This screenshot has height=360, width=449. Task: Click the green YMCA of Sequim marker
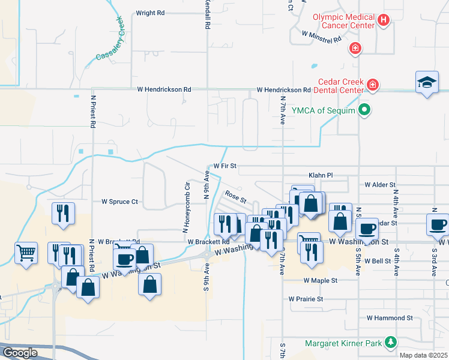[x=364, y=110]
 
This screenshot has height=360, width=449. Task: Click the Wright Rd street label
[x=150, y=13]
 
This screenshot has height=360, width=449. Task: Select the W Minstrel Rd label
[x=321, y=37]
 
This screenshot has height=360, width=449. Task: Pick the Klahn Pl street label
[x=320, y=175]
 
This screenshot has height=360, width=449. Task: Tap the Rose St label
[x=236, y=196]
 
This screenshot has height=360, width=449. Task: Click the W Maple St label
[x=320, y=280]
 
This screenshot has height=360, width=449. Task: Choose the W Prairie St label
[x=306, y=298]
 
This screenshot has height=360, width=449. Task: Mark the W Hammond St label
[x=390, y=317]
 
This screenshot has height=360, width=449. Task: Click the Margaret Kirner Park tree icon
[x=391, y=343]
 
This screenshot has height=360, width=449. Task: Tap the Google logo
[x=20, y=353]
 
